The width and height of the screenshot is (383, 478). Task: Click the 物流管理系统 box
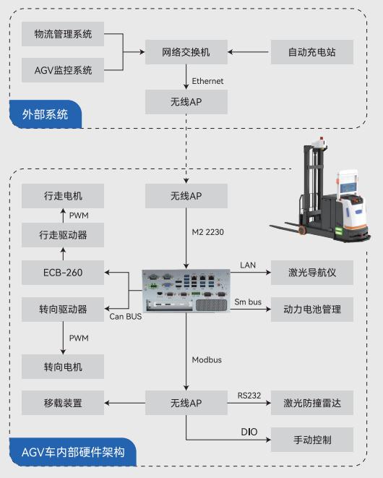coord(63,34)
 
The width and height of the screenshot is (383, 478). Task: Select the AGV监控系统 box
coord(63,70)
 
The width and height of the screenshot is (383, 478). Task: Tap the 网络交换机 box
coord(186,52)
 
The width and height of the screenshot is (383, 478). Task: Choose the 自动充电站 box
coord(312,52)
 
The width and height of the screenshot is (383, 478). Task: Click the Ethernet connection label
coord(207,81)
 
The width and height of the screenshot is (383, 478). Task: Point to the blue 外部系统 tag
coord(46,114)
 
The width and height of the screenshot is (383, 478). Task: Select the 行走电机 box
coord(63,196)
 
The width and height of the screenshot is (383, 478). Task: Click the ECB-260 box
coord(63,273)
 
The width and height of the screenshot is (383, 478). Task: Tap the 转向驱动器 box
coord(63,310)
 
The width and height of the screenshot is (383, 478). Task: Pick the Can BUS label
coord(126,317)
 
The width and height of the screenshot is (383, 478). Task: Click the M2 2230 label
coord(208,232)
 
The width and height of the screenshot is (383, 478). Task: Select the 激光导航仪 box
coord(312,273)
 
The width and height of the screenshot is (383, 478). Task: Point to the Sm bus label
coord(248,302)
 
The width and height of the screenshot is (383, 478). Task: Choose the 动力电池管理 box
coord(312,310)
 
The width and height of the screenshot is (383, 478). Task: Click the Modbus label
coord(207,360)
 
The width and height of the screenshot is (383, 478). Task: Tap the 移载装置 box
coord(63,403)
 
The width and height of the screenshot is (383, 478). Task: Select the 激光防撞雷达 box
coord(312,403)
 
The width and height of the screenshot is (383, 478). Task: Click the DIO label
coord(249,432)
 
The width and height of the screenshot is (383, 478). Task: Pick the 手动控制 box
coord(312,440)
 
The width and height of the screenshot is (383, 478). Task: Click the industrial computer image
coord(186,291)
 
